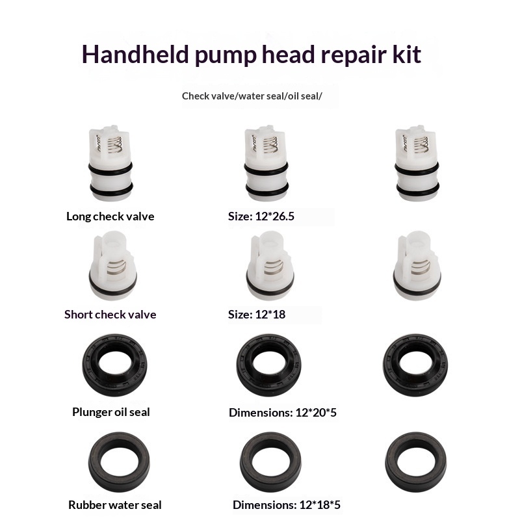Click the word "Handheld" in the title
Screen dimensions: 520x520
pos(135,55)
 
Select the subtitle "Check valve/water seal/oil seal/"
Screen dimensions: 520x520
pos(252,96)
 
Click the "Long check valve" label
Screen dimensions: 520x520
pos(110,216)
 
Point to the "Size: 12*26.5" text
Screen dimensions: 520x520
pos(261,216)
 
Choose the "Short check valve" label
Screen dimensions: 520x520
pos(110,315)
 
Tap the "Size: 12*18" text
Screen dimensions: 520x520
pos(256,315)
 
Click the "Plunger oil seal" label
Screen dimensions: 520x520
pos(111,412)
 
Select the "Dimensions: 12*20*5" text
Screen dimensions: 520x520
pos(283,413)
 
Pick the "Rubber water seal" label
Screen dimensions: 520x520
pos(115,505)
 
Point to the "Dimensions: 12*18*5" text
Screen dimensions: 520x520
pos(287,505)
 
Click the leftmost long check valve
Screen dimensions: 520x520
pos(110,163)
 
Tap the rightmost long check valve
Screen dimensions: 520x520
pos(417,163)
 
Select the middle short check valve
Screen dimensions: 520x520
pos(270,265)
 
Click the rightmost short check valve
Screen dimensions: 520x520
pos(417,265)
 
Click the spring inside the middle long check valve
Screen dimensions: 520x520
pos(270,145)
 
